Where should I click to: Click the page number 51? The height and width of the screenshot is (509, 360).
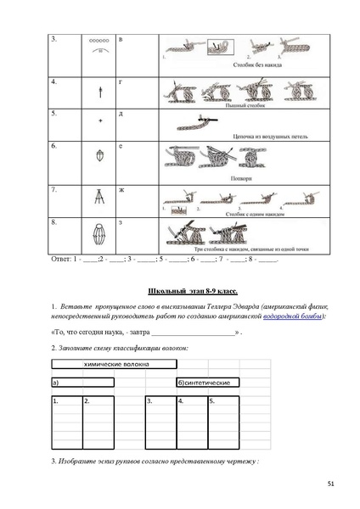point(329,483)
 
